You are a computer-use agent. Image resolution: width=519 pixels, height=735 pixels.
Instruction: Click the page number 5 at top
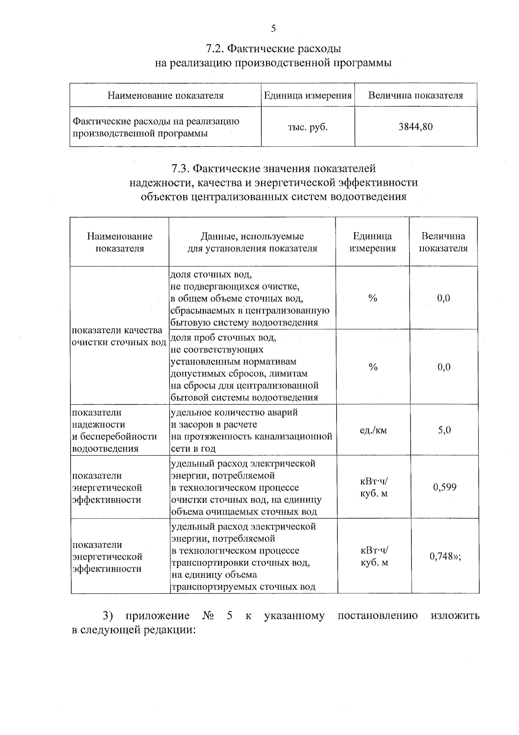pyautogui.click(x=273, y=29)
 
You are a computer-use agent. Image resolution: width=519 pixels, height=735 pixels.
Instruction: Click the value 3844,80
pyautogui.click(x=415, y=127)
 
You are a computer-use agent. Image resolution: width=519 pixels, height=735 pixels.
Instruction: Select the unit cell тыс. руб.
pyautogui.click(x=308, y=127)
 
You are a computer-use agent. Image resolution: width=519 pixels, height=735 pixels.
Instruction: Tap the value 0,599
pyautogui.click(x=445, y=487)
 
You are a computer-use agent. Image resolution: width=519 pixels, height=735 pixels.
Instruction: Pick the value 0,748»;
pyautogui.click(x=445, y=556)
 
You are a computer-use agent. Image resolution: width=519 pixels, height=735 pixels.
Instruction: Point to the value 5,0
pyautogui.click(x=444, y=430)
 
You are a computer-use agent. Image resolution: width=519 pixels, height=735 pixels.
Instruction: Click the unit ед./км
pyautogui.click(x=373, y=431)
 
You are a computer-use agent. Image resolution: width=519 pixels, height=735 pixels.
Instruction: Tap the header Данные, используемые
pyautogui.click(x=252, y=236)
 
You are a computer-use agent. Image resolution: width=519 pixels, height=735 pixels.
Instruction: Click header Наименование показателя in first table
pyautogui.click(x=165, y=95)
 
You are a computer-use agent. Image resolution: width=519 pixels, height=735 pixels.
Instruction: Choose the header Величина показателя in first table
pyautogui.click(x=415, y=95)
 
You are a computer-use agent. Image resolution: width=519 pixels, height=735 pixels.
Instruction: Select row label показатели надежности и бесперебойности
pyautogui.click(x=114, y=431)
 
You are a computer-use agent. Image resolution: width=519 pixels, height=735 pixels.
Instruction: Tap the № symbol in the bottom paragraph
pyautogui.click(x=208, y=615)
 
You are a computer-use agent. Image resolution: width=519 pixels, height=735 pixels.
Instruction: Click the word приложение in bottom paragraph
pyautogui.click(x=157, y=615)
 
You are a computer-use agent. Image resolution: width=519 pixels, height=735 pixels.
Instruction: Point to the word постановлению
pyautogui.click(x=377, y=615)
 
